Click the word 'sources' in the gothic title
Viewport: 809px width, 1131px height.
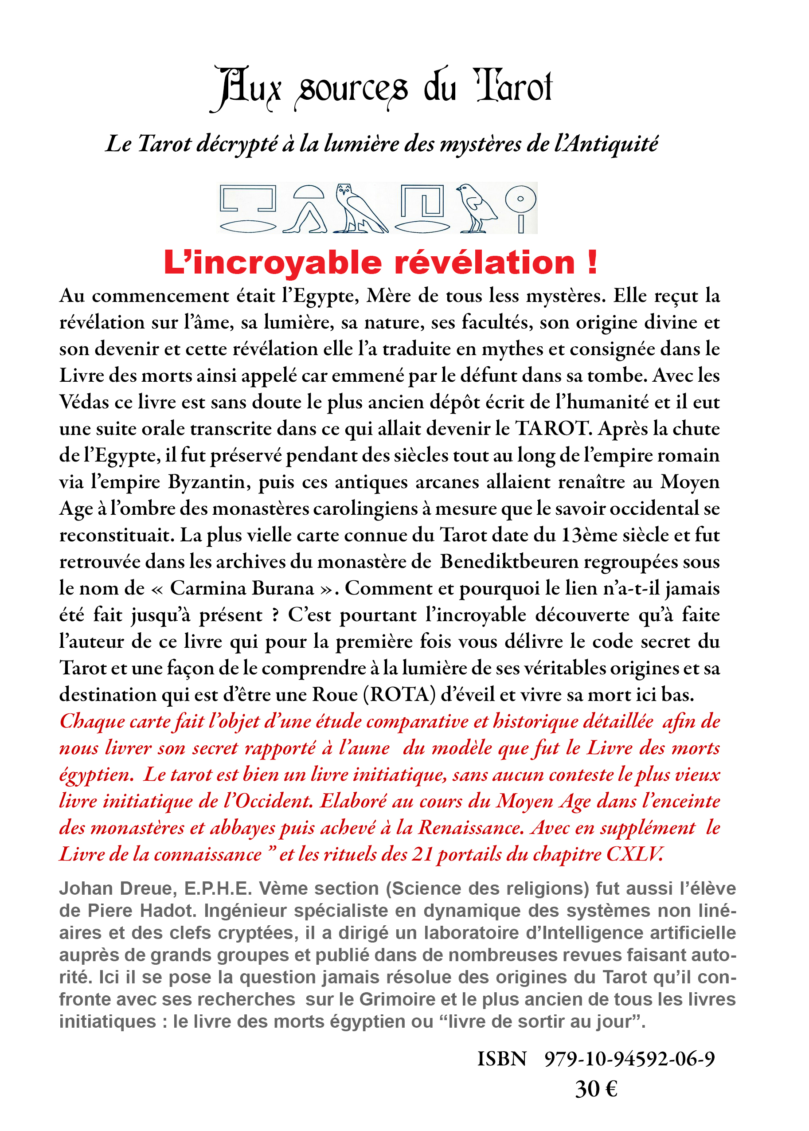click(x=352, y=90)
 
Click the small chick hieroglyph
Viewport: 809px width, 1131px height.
click(x=476, y=208)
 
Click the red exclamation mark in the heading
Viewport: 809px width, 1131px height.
click(x=592, y=262)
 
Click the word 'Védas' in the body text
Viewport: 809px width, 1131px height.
click(x=83, y=402)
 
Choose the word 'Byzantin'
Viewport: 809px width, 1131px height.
click(x=209, y=482)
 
